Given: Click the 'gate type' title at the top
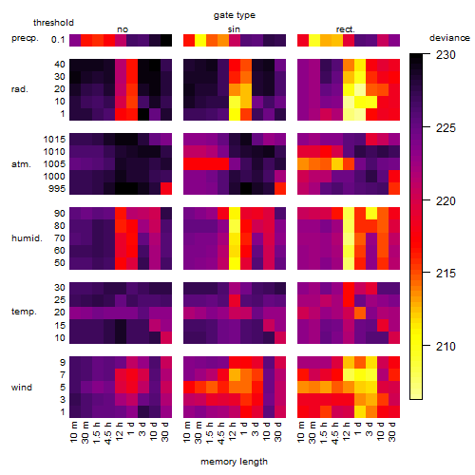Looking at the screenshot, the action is point(235,15).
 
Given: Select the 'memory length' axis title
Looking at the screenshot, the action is point(234,462).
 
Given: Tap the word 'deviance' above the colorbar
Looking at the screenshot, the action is point(449,38).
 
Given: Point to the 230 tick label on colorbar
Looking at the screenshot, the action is point(446,55).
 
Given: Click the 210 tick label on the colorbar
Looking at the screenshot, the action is point(446,346).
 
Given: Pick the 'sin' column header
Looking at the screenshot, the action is point(234,29).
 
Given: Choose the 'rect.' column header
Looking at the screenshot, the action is point(346,29).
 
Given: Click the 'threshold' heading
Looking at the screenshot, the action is point(53,23).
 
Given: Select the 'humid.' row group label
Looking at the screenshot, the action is point(27,238).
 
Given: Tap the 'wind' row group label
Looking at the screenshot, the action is point(22,388).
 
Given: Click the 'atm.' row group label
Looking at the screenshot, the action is point(21,164).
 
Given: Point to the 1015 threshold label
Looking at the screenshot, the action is point(54,140).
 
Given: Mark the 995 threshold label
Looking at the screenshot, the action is point(57,189).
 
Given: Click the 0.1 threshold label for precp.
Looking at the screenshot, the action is point(58,40).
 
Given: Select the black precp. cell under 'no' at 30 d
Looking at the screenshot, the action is point(166,40).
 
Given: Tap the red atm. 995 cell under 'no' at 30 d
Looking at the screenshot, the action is point(166,188).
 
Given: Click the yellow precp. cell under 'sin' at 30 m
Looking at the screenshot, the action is point(200,40).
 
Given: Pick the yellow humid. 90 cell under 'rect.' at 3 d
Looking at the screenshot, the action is point(371,214).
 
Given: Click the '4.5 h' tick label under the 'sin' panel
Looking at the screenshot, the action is point(221,432).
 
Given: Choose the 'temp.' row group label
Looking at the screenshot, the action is point(24,312).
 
